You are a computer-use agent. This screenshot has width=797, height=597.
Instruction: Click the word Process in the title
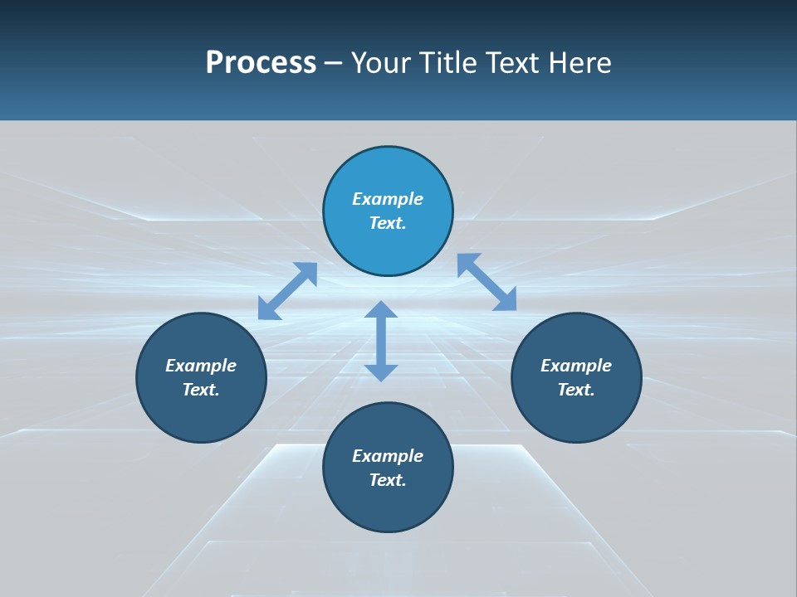[x=261, y=63]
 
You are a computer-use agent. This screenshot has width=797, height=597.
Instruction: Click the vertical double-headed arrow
[x=381, y=341]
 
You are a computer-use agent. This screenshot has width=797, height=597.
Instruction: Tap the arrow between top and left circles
[x=287, y=291]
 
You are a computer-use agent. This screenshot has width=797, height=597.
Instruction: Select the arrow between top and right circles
[x=487, y=282]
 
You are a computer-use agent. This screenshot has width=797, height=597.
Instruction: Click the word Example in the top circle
[x=388, y=199]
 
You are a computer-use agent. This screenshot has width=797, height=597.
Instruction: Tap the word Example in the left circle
[x=201, y=366]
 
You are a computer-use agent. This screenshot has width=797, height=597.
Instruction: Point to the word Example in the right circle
[x=576, y=366]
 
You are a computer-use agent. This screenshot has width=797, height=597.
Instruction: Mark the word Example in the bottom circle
[x=388, y=456]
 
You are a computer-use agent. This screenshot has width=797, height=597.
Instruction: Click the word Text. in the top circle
[x=388, y=223]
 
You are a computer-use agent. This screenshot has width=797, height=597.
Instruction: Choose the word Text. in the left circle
[x=201, y=390]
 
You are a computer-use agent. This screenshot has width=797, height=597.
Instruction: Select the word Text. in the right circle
[x=576, y=390]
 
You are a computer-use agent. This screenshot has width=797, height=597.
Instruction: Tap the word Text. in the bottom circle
[x=388, y=480]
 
